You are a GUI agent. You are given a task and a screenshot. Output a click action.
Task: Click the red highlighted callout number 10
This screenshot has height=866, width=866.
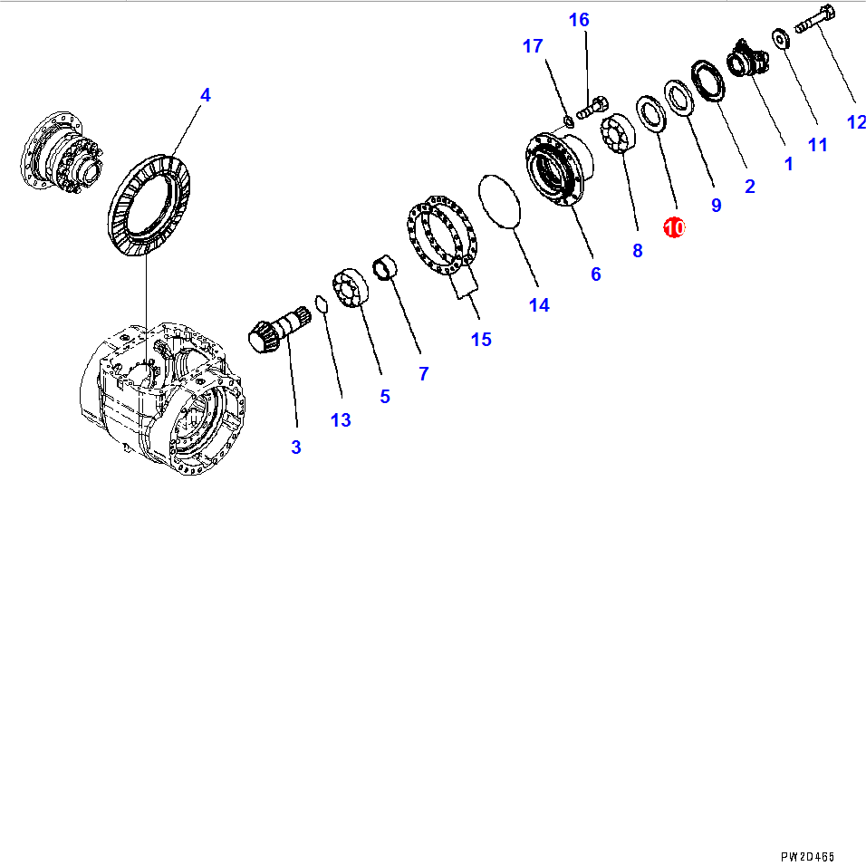pos(674,227)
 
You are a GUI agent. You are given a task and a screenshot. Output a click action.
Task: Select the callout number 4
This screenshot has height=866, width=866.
pos(205,95)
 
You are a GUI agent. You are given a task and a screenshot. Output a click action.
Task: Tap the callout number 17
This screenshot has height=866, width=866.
pos(533,46)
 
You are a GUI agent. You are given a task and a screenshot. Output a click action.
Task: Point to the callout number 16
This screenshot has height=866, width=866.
pos(579,20)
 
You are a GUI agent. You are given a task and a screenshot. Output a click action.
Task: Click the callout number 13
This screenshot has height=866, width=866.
pos(341,420)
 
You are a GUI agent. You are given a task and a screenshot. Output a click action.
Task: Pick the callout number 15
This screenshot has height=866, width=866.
pos(481,339)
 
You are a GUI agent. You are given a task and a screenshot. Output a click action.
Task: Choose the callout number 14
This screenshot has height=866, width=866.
pos(539,305)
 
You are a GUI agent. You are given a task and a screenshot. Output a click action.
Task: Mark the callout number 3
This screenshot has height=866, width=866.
pos(296,447)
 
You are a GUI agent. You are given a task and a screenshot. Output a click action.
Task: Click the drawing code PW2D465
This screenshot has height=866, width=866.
pos(807,857)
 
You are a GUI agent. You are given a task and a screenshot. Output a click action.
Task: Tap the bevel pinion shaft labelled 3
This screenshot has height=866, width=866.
pos(280,329)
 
